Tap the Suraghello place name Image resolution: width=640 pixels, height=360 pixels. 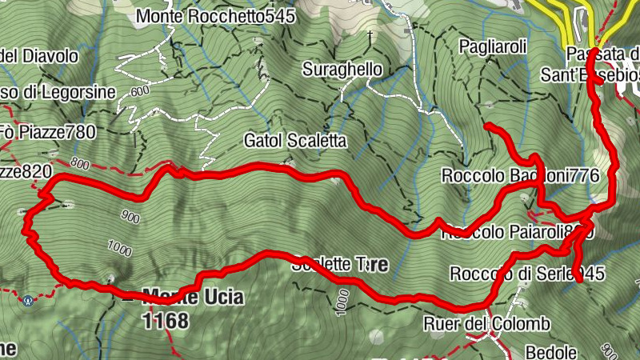342,70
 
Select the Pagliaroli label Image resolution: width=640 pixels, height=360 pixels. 492,48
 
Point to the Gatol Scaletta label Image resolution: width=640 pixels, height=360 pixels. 294,142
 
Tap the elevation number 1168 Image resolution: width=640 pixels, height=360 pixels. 166,322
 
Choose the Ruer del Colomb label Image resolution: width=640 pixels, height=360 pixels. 487,324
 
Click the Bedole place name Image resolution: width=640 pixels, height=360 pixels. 550,351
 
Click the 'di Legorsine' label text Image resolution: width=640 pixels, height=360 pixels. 60,93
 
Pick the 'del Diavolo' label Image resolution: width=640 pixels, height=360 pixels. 41,56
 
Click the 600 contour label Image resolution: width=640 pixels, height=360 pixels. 140,91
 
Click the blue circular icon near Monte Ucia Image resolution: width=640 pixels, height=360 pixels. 28,301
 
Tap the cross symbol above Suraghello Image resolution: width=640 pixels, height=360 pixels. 370,34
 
